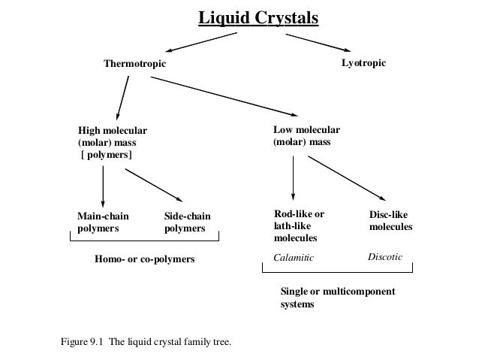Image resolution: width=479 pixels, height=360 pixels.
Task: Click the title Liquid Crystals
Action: [x=258, y=17]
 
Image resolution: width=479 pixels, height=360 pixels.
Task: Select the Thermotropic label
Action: [x=134, y=64]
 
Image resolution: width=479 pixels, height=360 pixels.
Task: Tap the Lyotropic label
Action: [x=363, y=63]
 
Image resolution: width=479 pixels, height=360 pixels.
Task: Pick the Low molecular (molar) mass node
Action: [x=306, y=135]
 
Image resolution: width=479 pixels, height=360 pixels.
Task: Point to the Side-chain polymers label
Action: [x=187, y=222]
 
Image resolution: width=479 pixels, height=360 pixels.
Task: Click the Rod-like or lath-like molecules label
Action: [x=299, y=225]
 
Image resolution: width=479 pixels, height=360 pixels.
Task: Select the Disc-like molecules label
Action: [x=390, y=219]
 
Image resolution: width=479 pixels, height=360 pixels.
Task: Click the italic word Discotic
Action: [x=385, y=258]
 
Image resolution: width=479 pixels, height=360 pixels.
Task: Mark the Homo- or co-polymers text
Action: [x=144, y=259]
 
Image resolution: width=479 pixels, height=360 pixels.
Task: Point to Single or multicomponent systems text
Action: [x=336, y=298]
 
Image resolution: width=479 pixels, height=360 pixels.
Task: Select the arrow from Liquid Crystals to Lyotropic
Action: [x=315, y=40]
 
